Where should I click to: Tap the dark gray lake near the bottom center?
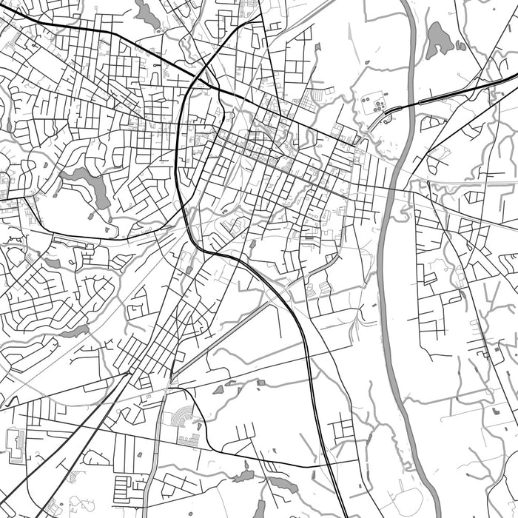282,484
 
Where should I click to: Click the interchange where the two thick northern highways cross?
201,78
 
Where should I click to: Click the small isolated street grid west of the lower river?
343,428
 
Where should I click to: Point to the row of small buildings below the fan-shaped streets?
189,441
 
